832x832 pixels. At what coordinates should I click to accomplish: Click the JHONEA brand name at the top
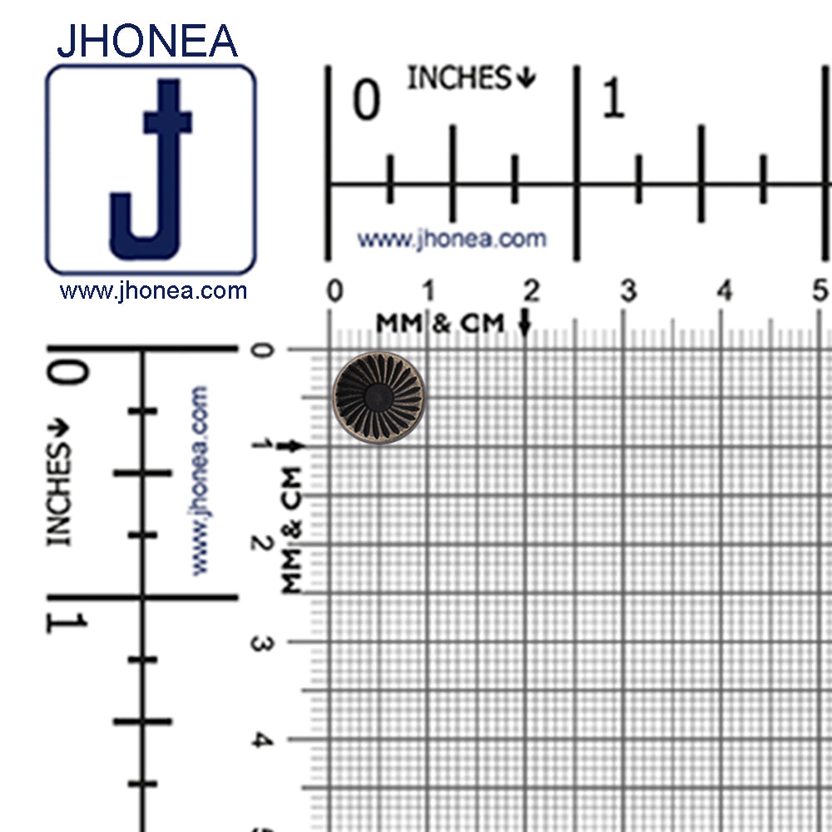pos(147,39)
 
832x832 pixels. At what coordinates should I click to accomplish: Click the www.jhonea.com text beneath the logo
pos(153,291)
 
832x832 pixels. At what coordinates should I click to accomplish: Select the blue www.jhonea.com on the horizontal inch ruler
pos(452,240)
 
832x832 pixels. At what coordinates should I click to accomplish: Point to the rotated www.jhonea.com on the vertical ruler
pos(200,480)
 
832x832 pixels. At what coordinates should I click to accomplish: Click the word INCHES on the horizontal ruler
pos(458,78)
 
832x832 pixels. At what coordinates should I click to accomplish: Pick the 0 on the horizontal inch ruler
pos(367,101)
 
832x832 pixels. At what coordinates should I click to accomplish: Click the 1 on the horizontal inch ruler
pos(612,101)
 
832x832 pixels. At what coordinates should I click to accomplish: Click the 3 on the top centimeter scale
pos(628,291)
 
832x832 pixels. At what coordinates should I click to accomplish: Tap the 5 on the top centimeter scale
pos(821,291)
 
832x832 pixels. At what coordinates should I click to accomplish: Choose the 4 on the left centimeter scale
pos(260,739)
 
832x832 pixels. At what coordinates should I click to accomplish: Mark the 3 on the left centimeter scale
pos(260,642)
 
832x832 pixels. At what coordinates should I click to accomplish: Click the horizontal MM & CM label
pos(440,323)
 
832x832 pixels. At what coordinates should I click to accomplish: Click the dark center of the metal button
pos(379,397)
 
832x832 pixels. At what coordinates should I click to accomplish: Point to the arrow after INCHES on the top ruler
pos(526,78)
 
